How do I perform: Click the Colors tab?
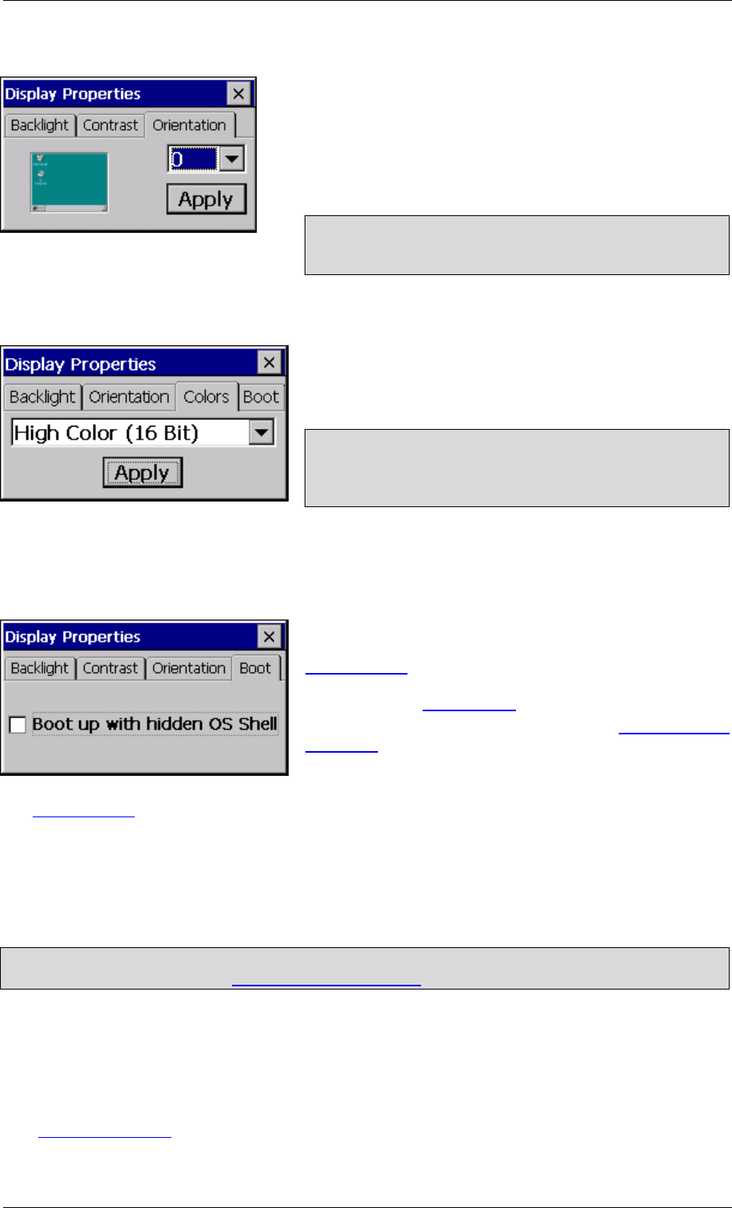(206, 397)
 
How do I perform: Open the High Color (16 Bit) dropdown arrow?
(262, 433)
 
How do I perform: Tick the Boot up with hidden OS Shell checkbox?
(18, 725)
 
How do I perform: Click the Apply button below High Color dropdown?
(142, 473)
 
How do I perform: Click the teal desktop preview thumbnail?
(69, 183)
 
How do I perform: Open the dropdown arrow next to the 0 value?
(231, 159)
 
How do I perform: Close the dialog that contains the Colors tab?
(270, 364)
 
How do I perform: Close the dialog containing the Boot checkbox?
(270, 636)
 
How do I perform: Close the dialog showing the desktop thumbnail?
(238, 94)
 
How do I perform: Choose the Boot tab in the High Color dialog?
(261, 397)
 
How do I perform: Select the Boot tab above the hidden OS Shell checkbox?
(255, 668)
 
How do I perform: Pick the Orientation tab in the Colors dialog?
(128, 397)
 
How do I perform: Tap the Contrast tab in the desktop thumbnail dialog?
(110, 125)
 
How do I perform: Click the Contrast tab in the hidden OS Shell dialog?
(110, 668)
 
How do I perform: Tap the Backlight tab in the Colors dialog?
(42, 397)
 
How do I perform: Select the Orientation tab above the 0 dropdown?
(189, 125)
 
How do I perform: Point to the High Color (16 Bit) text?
(106, 433)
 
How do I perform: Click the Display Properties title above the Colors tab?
(81, 364)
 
